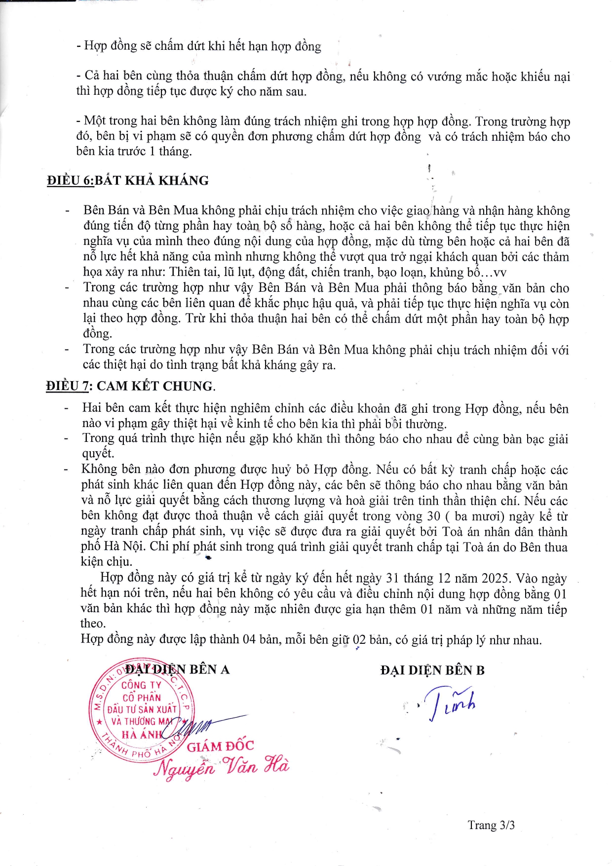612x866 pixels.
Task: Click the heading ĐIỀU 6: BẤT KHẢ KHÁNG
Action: point(128,180)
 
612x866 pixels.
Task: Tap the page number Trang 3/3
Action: point(491,825)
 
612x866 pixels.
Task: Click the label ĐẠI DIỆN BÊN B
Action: point(432,670)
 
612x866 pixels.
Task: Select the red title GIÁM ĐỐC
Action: point(220,746)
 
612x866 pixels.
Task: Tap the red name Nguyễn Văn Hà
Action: point(221,767)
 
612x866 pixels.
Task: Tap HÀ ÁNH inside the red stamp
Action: point(142,734)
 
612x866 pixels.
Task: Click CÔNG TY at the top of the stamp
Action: point(141,685)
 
